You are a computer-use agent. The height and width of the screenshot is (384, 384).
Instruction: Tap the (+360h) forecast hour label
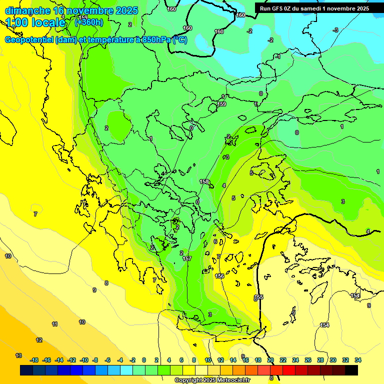[x=89, y=22]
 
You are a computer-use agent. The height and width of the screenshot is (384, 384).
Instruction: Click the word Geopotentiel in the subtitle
[x=29, y=40]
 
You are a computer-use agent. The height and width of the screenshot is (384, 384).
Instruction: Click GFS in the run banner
[x=278, y=8]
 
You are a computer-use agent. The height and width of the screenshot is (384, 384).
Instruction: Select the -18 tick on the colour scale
[x=34, y=360]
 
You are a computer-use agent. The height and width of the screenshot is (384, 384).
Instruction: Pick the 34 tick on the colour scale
[x=358, y=360]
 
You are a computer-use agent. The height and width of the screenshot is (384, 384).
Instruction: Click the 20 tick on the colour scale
[x=270, y=360]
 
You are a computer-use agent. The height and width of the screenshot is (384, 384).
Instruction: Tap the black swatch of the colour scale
[x=351, y=370]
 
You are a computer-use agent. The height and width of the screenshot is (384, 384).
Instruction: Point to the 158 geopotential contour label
[x=204, y=182]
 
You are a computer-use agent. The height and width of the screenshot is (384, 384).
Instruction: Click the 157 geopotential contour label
[x=187, y=258]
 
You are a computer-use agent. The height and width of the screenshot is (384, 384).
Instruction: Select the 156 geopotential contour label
[x=219, y=276]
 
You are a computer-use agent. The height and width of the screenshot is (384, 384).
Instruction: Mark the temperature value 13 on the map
[x=18, y=355]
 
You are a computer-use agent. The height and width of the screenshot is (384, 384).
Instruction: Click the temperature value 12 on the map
[x=39, y=340]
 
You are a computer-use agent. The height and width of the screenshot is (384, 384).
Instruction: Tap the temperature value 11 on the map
[x=54, y=324]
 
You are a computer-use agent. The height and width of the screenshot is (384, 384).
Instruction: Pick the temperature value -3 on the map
[x=335, y=30]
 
